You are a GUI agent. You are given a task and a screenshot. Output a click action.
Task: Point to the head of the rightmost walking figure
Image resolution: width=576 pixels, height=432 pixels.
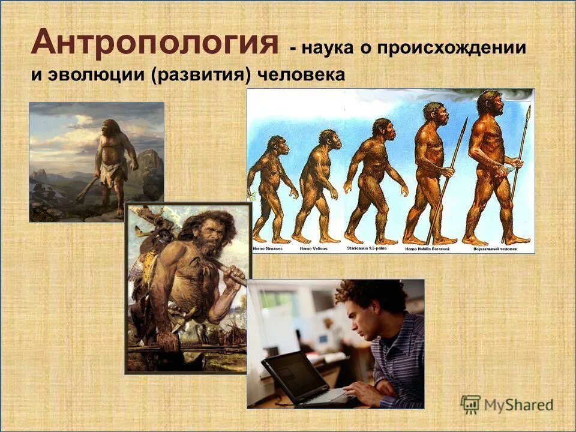(491, 104)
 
